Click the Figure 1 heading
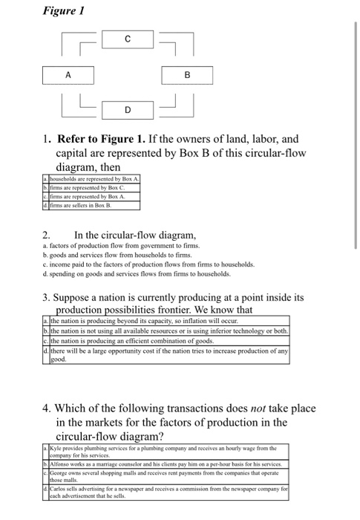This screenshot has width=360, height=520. click(64, 10)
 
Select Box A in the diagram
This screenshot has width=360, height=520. click(68, 75)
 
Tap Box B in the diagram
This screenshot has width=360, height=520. click(187, 75)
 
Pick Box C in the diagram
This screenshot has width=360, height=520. click(128, 39)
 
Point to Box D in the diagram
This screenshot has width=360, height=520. click(128, 110)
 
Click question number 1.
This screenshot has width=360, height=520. click(47, 139)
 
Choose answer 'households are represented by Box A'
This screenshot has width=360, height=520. click(94, 179)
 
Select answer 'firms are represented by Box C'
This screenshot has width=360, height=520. click(87, 188)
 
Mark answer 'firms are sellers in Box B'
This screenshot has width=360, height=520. click(81, 205)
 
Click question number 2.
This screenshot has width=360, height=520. click(46, 235)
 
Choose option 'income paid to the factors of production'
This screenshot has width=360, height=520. click(148, 264)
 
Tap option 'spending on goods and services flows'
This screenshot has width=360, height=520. click(137, 274)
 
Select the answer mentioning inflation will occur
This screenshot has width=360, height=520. click(144, 321)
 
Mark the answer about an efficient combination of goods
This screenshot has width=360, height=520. click(132, 341)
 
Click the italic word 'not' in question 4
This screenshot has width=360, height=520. click(258, 409)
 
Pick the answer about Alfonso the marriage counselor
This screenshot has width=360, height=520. click(166, 464)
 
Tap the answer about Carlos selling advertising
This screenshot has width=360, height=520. click(168, 493)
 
